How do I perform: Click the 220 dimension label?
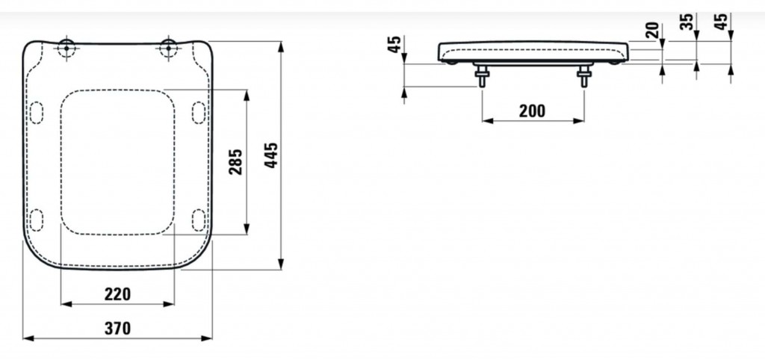tap(117, 294)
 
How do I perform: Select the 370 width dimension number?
tap(117, 329)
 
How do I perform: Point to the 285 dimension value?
tap(235, 162)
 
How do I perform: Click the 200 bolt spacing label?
tap(532, 111)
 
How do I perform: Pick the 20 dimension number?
tap(652, 30)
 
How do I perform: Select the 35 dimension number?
tap(687, 22)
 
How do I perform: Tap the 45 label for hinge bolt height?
tap(396, 44)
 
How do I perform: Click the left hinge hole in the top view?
tap(66, 49)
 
